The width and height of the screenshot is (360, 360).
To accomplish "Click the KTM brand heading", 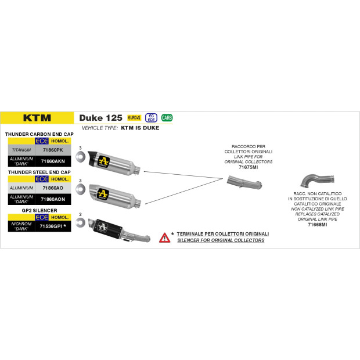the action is click(x=37, y=118).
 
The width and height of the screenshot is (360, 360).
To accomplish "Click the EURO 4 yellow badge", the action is click(x=134, y=118).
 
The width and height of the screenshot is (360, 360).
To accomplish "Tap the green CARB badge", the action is click(x=167, y=118).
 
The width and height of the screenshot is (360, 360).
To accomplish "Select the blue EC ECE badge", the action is click(x=151, y=118).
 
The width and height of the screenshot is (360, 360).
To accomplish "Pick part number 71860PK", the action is click(x=53, y=150).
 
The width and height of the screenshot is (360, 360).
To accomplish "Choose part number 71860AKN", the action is click(x=53, y=161).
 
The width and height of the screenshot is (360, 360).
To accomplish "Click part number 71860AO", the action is click(x=53, y=188).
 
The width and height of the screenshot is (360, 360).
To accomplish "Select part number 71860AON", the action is click(x=53, y=199).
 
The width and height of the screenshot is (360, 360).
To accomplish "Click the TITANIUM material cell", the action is click(x=21, y=150).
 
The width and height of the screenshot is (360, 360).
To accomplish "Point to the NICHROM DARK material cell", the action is click(x=21, y=226).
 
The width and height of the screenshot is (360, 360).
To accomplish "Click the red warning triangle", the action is click(x=165, y=238).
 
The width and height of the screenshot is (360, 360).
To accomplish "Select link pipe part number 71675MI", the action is click(x=249, y=167).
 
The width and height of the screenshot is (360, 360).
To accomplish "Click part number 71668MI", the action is click(x=317, y=225).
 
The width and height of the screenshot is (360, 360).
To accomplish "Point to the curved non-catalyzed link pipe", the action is click(x=317, y=179).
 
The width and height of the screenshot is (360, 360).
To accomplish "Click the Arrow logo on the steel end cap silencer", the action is click(x=103, y=194).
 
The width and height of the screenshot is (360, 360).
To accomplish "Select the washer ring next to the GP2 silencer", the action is click(x=81, y=222).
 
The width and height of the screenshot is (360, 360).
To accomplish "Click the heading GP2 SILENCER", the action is click(x=39, y=210).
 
